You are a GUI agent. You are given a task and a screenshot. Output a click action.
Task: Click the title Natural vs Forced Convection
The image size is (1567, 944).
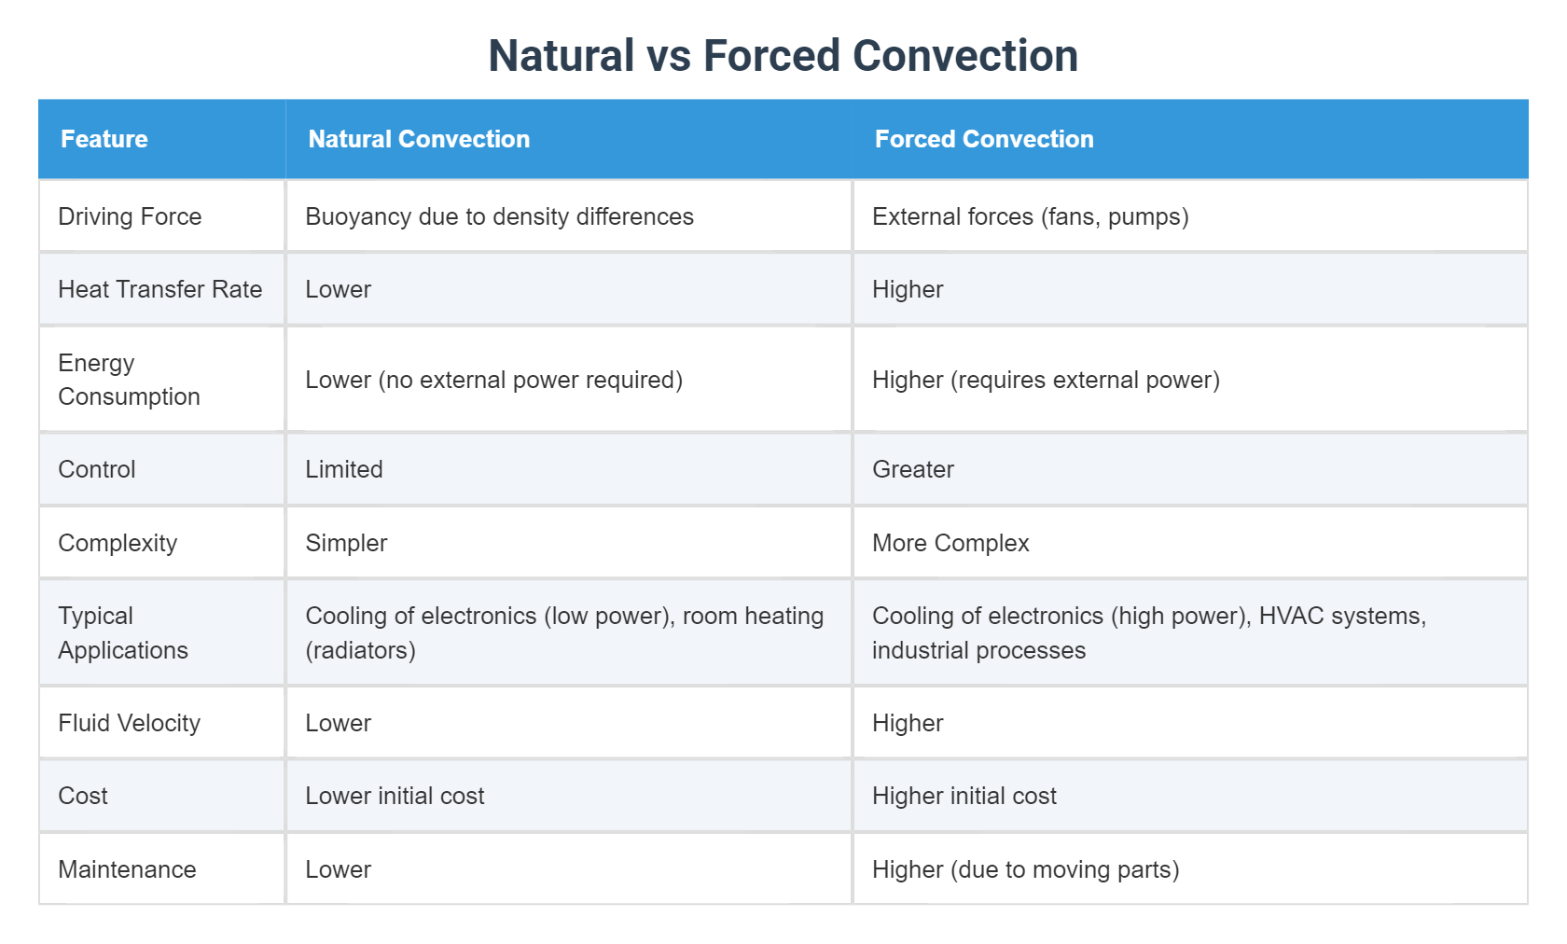point(783,56)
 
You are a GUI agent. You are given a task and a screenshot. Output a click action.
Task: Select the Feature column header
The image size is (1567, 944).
point(104,139)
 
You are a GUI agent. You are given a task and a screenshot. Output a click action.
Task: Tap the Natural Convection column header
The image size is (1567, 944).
point(419,139)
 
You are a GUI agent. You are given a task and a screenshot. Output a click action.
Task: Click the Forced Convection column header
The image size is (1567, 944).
point(984,139)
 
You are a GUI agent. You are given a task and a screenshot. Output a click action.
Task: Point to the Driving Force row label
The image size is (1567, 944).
point(130,216)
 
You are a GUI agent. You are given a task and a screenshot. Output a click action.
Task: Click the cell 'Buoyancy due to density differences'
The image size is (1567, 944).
point(499,216)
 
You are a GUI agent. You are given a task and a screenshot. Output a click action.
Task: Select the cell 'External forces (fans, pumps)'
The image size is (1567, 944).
point(1030,216)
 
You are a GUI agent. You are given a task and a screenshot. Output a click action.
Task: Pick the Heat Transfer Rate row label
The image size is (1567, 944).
point(159,289)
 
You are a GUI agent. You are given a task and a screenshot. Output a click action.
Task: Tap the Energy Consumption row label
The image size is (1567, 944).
point(129,380)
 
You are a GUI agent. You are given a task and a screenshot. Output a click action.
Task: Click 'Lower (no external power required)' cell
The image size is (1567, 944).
point(493,380)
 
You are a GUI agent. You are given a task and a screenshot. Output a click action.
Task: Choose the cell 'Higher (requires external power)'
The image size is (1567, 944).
point(1046,380)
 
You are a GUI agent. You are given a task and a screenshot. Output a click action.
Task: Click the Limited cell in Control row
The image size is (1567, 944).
point(344,469)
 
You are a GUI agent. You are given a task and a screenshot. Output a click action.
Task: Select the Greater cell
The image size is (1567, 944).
point(913,469)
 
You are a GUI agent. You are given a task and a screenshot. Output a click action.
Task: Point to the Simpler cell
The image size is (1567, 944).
point(346,543)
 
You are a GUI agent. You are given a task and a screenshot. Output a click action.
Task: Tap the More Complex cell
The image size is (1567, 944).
point(950,543)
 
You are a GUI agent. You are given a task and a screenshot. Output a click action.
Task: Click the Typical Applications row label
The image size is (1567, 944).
point(123,632)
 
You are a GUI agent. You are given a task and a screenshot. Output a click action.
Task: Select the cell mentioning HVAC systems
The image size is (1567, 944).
point(1148,632)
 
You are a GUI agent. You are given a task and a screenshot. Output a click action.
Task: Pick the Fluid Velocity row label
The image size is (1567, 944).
point(129,723)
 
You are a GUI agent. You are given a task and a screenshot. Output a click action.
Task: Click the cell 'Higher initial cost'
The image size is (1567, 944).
point(964,796)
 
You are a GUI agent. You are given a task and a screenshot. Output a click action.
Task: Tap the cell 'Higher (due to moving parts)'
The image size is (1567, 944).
point(1025,869)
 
